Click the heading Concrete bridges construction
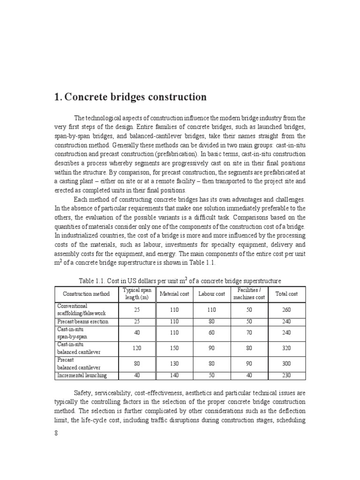coord(130,97)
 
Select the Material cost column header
coord(174,294)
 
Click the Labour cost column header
coord(211,294)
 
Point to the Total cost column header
coord(286,294)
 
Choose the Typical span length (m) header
coord(135,294)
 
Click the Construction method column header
coord(86,294)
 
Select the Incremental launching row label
coord(82,375)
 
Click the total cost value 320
coord(286,348)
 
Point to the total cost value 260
coord(286,309)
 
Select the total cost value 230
coord(286,375)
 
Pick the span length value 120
coord(135,348)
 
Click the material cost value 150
coord(174,348)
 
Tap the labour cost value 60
coord(211,332)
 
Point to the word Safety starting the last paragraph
coord(83,392)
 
